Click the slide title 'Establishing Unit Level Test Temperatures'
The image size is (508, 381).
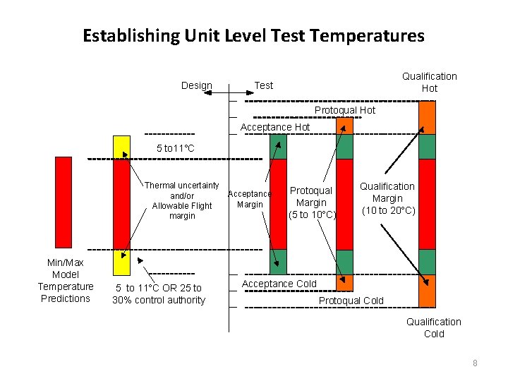tap(253, 35)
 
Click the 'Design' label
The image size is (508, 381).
tap(196, 85)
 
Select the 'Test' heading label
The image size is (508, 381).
tap(263, 85)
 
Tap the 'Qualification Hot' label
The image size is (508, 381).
tap(429, 82)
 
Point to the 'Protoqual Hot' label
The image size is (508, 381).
tap(344, 110)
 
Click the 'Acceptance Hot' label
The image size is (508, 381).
tap(275, 127)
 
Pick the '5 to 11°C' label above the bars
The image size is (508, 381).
tap(175, 148)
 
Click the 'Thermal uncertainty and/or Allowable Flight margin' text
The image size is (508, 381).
tap(182, 200)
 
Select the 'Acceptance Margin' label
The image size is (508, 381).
tap(250, 199)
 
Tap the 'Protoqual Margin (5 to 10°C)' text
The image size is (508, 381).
tap(311, 202)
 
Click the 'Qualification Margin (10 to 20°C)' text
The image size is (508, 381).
tap(387, 198)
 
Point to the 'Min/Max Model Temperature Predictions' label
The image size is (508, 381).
tap(65, 280)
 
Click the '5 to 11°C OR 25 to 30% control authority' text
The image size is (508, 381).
tap(159, 294)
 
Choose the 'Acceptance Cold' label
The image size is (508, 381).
tap(279, 284)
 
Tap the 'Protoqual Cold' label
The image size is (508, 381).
tap(351, 301)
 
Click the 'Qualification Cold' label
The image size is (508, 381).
tap(433, 327)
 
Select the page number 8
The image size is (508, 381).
tap(475, 363)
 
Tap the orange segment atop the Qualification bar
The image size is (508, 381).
tap(427, 117)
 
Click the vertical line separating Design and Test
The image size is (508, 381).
tap(230, 212)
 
